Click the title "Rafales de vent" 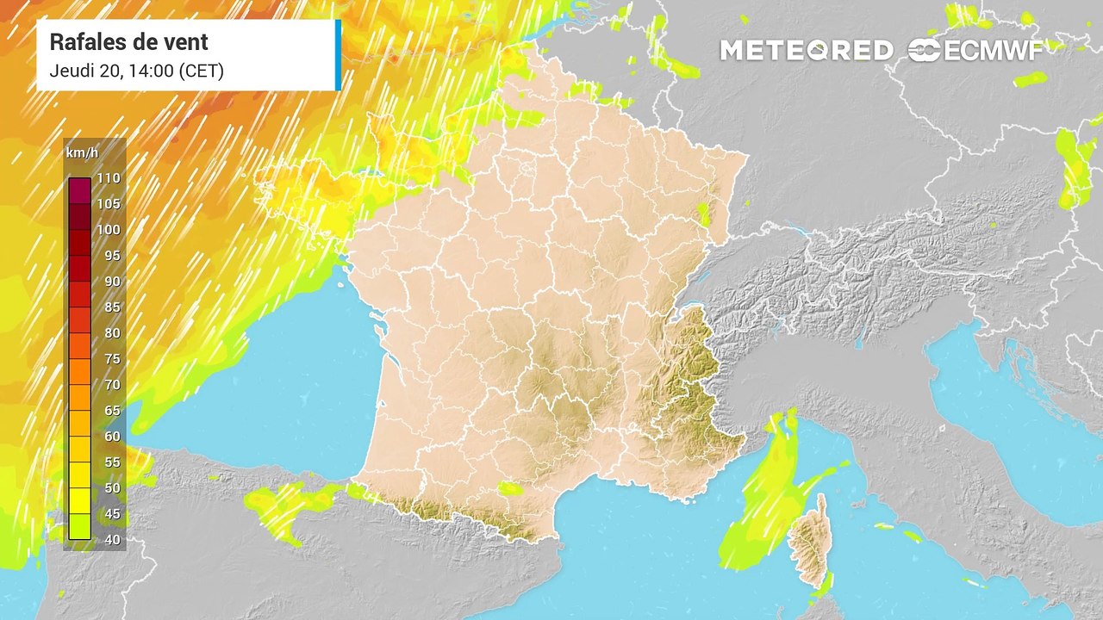(129, 41)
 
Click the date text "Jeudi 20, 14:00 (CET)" (137, 71)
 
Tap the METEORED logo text (807, 51)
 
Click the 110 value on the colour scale (109, 178)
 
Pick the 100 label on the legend (109, 230)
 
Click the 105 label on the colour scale (109, 204)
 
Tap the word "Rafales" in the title (84, 41)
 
